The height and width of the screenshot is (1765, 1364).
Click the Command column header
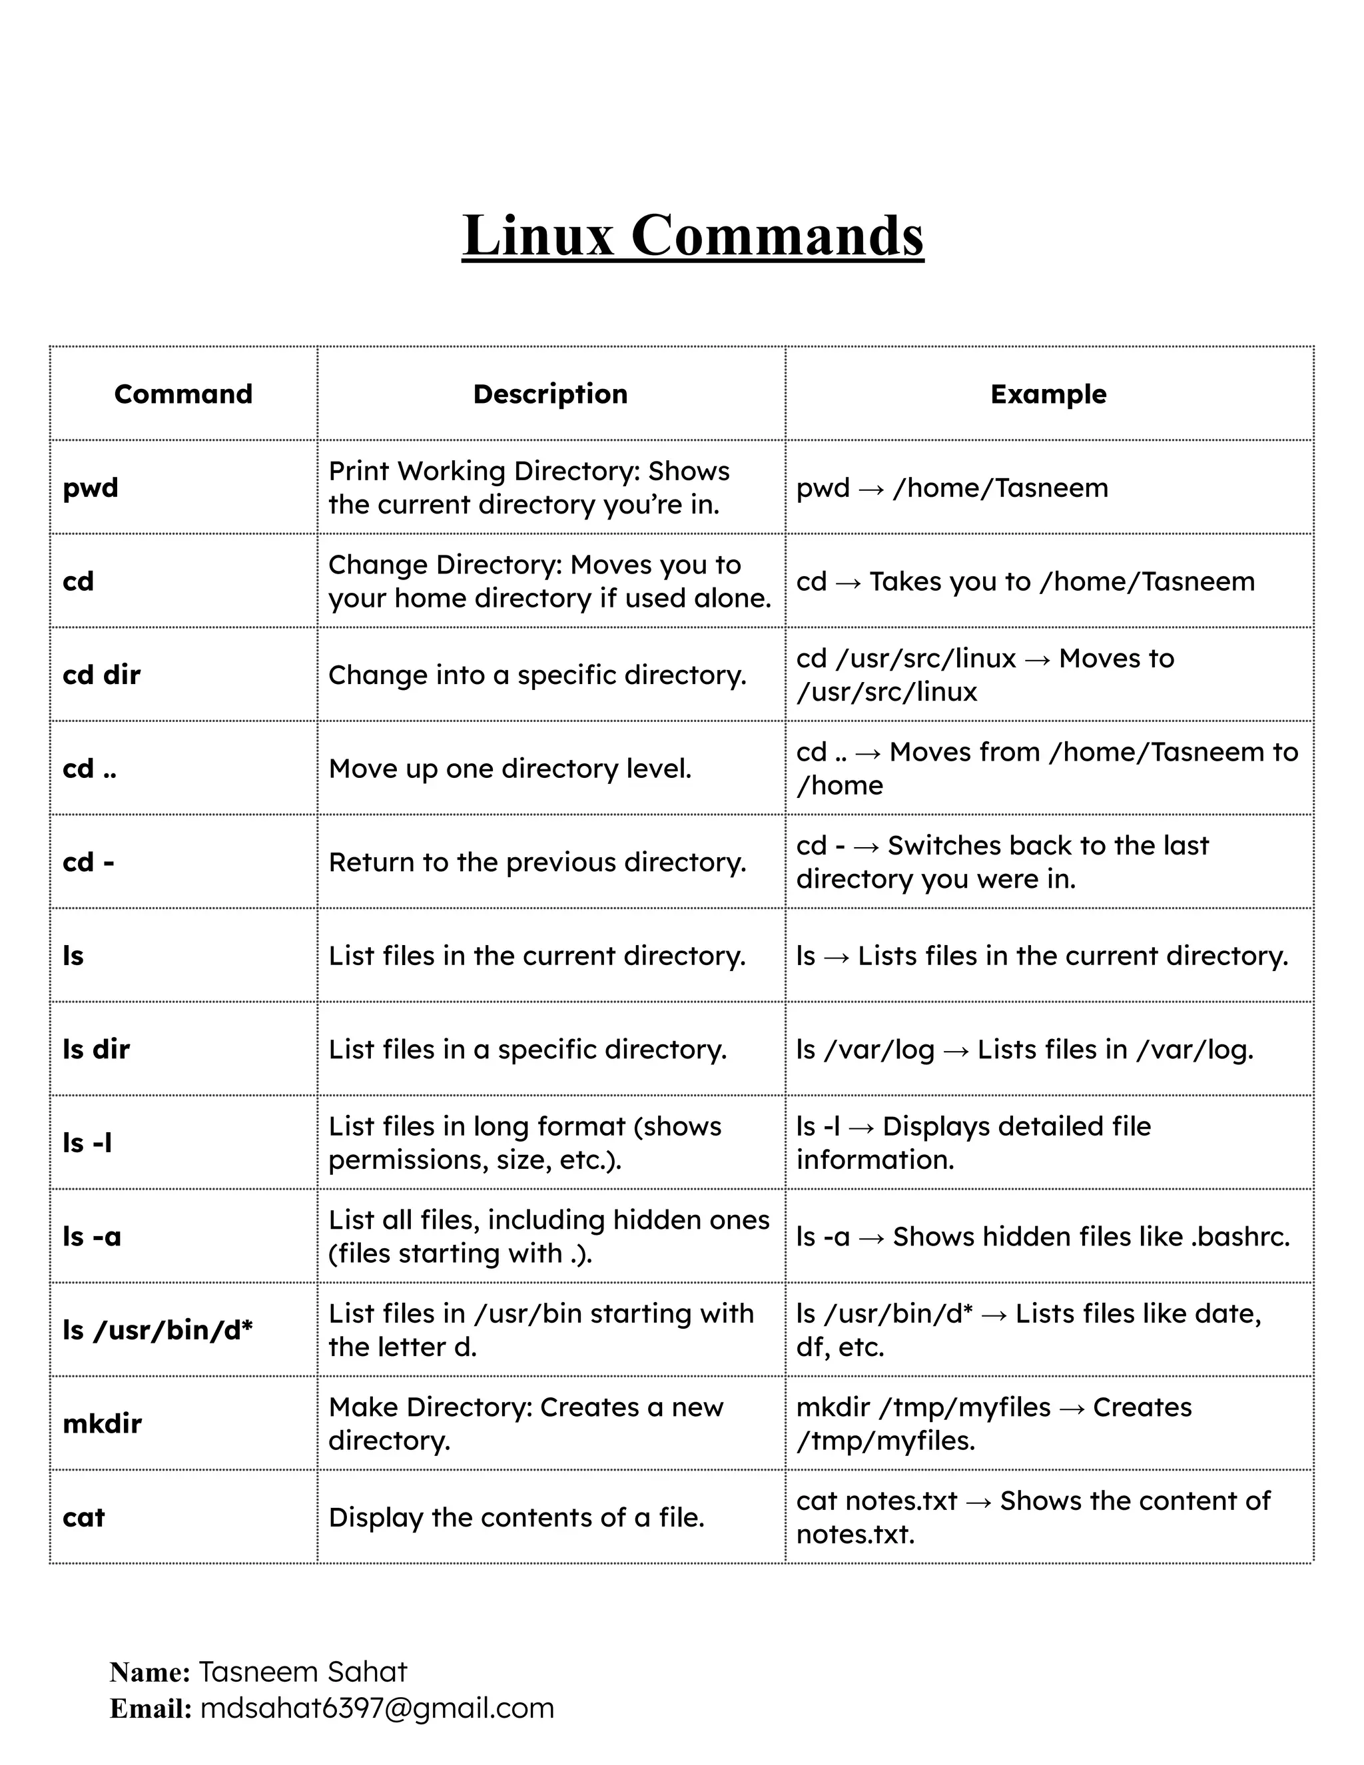[183, 394]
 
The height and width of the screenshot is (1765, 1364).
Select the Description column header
[550, 394]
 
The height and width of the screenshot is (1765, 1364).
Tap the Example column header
[1048, 394]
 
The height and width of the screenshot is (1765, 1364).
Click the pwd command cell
[91, 488]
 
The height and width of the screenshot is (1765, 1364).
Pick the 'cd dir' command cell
[102, 675]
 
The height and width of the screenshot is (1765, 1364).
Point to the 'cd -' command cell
[89, 863]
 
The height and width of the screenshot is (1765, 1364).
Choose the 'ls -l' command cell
[87, 1143]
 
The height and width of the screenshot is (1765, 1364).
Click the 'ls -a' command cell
[92, 1236]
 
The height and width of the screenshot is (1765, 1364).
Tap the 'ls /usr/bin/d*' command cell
[158, 1330]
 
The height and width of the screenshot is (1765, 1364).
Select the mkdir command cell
[103, 1423]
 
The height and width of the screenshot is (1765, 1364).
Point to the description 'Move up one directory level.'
[510, 769]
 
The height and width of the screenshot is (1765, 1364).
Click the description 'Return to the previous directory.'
[537, 863]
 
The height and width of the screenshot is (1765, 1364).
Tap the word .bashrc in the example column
[1239, 1236]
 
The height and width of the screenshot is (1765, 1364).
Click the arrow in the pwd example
[871, 489]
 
